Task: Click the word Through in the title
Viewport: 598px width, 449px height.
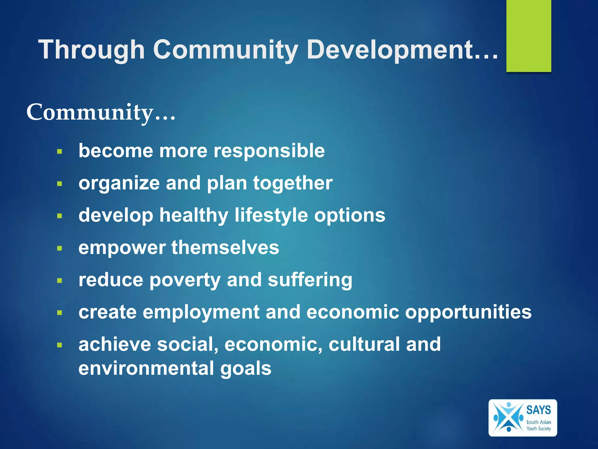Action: coord(91,50)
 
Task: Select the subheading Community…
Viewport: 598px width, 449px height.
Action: coord(101,112)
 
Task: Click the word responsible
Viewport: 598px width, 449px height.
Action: coord(269,151)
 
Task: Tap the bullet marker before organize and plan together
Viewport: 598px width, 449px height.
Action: coord(60,184)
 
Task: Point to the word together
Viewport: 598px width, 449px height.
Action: coord(293,183)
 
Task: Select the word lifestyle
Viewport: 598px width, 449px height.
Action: coord(271,215)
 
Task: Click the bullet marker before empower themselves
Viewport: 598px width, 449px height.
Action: coord(60,248)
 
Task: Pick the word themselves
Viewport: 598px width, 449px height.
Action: coord(225,248)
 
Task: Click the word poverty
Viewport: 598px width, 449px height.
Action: coord(185,280)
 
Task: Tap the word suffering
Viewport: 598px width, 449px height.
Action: coord(310,280)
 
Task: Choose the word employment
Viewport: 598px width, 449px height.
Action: coord(201,312)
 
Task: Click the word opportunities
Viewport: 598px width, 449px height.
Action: coord(468,312)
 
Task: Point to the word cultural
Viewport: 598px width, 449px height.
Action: coord(364,344)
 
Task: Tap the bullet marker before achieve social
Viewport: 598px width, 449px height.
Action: coord(60,345)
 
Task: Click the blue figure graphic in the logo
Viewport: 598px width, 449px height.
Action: coord(508,417)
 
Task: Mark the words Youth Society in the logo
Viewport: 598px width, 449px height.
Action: coord(538,429)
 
